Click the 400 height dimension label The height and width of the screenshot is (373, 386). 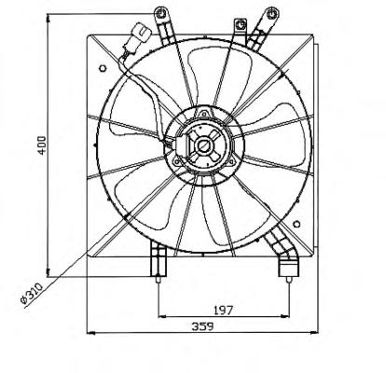pyautogui.click(x=42, y=145)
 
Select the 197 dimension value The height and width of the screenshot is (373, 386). pyautogui.click(x=223, y=310)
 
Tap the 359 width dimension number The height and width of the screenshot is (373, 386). pyautogui.click(x=202, y=326)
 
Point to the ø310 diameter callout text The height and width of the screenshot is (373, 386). pyautogui.click(x=31, y=293)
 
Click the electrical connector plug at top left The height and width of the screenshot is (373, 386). pyautogui.click(x=141, y=33)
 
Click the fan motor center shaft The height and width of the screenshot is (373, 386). pyautogui.click(x=204, y=145)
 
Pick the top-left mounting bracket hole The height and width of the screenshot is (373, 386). pyautogui.click(x=160, y=13)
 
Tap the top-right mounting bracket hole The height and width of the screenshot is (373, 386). pyautogui.click(x=272, y=13)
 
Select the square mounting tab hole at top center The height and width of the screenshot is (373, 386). pyautogui.click(x=240, y=25)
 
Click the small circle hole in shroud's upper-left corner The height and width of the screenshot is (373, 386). pyautogui.click(x=103, y=68)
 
